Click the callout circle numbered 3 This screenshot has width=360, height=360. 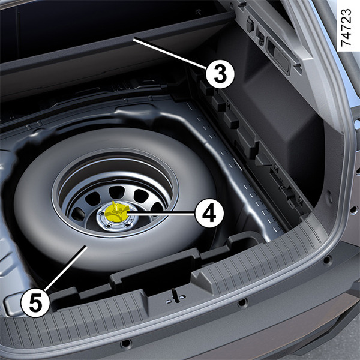click(x=220, y=74)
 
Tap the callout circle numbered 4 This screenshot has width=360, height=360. click(x=209, y=214)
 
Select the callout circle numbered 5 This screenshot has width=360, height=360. click(x=35, y=303)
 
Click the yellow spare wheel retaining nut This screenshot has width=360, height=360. click(x=116, y=213)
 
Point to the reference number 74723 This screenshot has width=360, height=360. click(x=346, y=28)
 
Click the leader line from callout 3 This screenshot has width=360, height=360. click(x=170, y=53)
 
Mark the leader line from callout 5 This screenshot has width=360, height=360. click(x=65, y=268)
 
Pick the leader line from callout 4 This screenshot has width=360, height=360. click(x=160, y=214)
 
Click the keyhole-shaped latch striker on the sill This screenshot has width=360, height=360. click(x=176, y=296)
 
